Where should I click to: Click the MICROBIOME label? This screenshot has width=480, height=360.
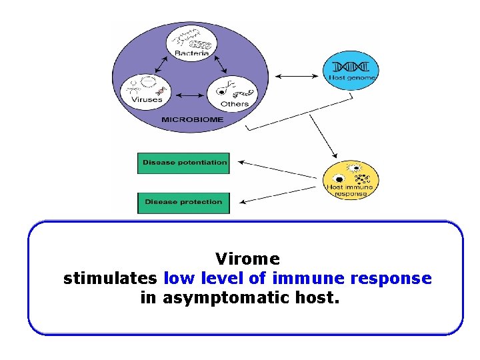pos(192,120)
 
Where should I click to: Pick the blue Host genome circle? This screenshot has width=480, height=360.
pos(351,71)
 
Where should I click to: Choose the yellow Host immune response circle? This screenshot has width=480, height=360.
pos(351,180)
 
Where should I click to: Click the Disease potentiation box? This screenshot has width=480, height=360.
pos(183,163)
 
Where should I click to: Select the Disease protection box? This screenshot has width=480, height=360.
pos(183,203)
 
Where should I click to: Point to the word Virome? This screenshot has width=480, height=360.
pos(248,258)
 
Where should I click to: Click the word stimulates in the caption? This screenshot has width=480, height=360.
pos(110,278)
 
